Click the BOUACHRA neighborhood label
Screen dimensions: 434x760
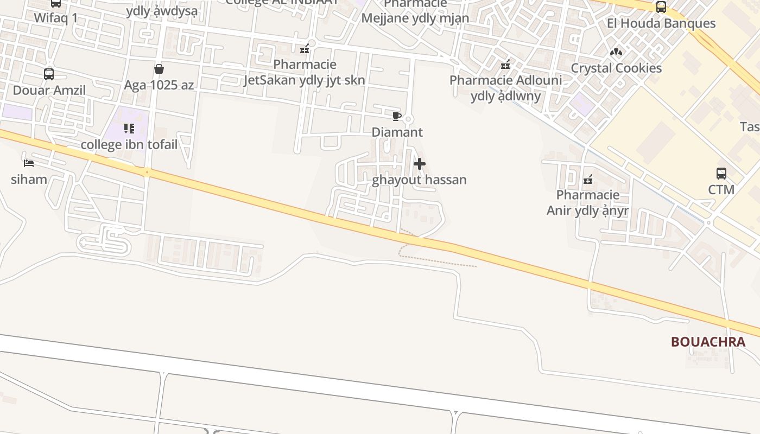(x=708, y=342)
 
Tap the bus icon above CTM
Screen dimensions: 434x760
(x=721, y=174)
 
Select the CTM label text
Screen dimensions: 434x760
(x=721, y=189)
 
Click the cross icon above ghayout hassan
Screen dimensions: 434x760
(x=419, y=164)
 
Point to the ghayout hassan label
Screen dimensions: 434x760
(x=419, y=180)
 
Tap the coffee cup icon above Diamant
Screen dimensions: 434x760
(x=396, y=116)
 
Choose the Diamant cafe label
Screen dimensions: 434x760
(x=397, y=132)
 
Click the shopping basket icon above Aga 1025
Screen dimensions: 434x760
(x=159, y=69)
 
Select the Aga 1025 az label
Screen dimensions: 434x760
(x=159, y=85)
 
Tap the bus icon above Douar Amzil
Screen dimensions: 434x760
(x=49, y=74)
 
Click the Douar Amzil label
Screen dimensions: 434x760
(x=49, y=90)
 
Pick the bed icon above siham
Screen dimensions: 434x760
(x=29, y=163)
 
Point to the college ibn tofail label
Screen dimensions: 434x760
(x=129, y=145)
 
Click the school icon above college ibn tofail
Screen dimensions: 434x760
(x=129, y=129)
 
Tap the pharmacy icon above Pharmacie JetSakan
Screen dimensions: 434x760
(x=305, y=49)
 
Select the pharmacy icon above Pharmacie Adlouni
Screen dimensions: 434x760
(x=505, y=65)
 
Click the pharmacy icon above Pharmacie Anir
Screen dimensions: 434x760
(x=587, y=180)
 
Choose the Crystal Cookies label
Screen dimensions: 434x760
(x=616, y=68)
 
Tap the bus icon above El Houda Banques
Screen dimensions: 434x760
(x=661, y=7)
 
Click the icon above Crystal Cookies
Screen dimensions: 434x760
(x=616, y=52)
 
